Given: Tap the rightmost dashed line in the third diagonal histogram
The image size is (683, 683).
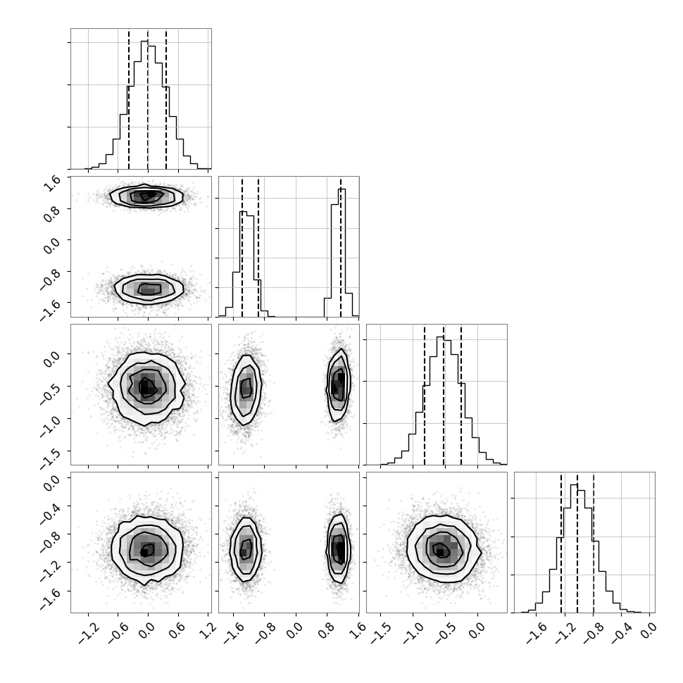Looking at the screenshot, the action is pos(461,396).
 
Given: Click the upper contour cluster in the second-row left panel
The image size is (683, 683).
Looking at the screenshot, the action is pos(146,196).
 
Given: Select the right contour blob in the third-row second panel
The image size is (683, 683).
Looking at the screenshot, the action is pos(339,384).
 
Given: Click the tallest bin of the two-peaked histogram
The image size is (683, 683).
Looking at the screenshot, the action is pos(342,253).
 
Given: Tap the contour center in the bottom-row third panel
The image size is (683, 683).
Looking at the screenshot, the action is pos(440,551).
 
